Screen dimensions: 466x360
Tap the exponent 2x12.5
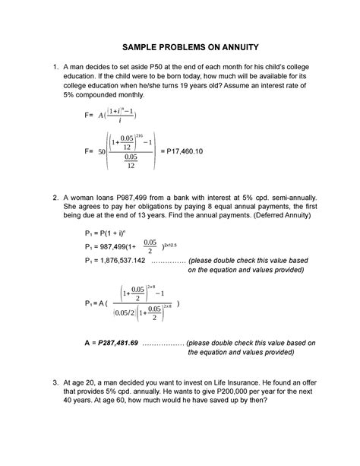point(166,242)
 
